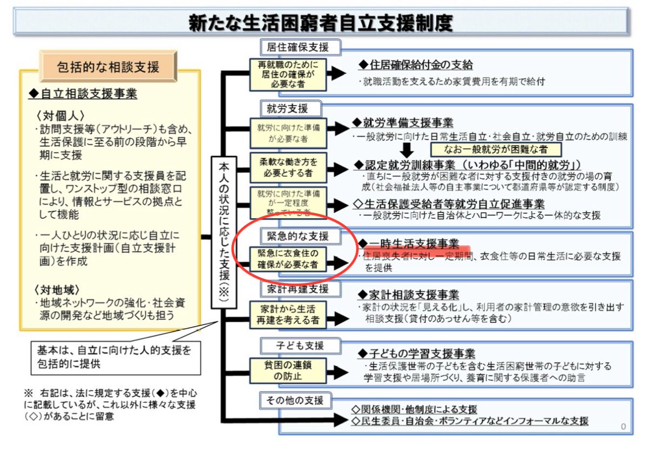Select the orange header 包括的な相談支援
pos(108,67)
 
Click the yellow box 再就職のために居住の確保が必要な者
pos(288,75)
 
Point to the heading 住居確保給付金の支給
pos(416,65)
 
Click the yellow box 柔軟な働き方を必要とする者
pos(288,167)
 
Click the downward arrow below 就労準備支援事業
pos(408,147)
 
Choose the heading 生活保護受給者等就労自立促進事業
pos(449,204)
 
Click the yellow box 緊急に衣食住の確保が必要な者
pos(288,260)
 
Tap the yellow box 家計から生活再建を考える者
pos(288,314)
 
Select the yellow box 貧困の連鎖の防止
pos(288,370)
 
